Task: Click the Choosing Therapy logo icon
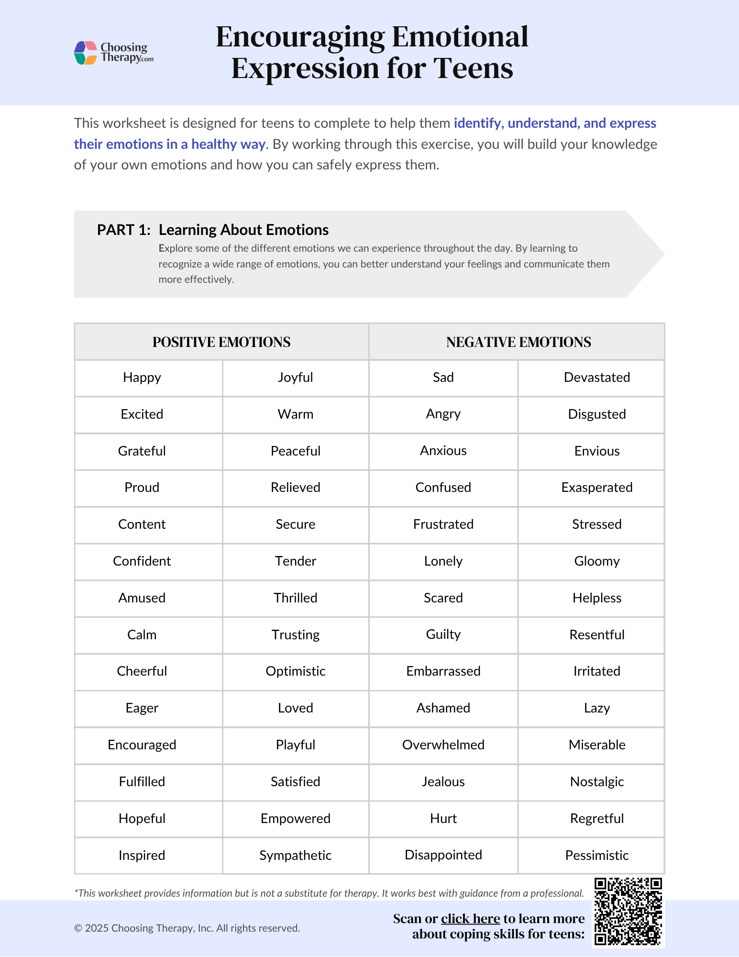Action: [x=86, y=53]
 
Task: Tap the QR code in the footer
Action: [x=628, y=912]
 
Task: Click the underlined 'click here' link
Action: [x=470, y=919]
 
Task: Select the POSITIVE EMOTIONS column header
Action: [x=221, y=342]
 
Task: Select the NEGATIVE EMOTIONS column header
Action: [x=518, y=342]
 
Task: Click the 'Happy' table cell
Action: [x=142, y=378]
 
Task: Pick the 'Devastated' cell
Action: [x=596, y=378]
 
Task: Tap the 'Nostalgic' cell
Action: [x=596, y=782]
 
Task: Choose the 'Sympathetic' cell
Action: [x=295, y=856]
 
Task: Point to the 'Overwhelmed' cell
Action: [x=443, y=745]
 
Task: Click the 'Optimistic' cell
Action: [x=295, y=671]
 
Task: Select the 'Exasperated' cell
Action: [x=596, y=488]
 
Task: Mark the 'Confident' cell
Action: [x=142, y=561]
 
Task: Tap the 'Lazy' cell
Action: [x=596, y=708]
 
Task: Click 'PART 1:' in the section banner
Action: [x=124, y=230]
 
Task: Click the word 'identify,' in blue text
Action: [x=478, y=123]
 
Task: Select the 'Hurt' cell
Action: [x=443, y=819]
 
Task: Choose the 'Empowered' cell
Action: [x=295, y=819]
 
